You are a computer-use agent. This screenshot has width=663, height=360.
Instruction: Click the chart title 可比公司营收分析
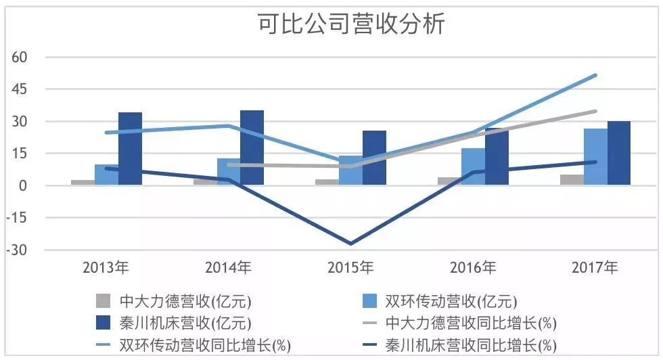(351, 25)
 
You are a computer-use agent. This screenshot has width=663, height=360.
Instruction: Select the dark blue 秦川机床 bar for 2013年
(130, 149)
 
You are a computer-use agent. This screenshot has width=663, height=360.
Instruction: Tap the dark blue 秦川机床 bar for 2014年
(252, 148)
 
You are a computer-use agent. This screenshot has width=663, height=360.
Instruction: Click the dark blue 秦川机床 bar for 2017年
(618, 153)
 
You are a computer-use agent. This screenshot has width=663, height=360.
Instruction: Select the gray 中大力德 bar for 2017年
(572, 180)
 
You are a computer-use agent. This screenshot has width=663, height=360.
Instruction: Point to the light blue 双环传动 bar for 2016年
(473, 166)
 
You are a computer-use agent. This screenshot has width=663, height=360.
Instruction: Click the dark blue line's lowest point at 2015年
(350, 244)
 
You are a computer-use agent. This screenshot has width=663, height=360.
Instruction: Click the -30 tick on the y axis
(16, 250)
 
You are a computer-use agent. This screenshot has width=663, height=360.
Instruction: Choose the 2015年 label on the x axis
(350, 269)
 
